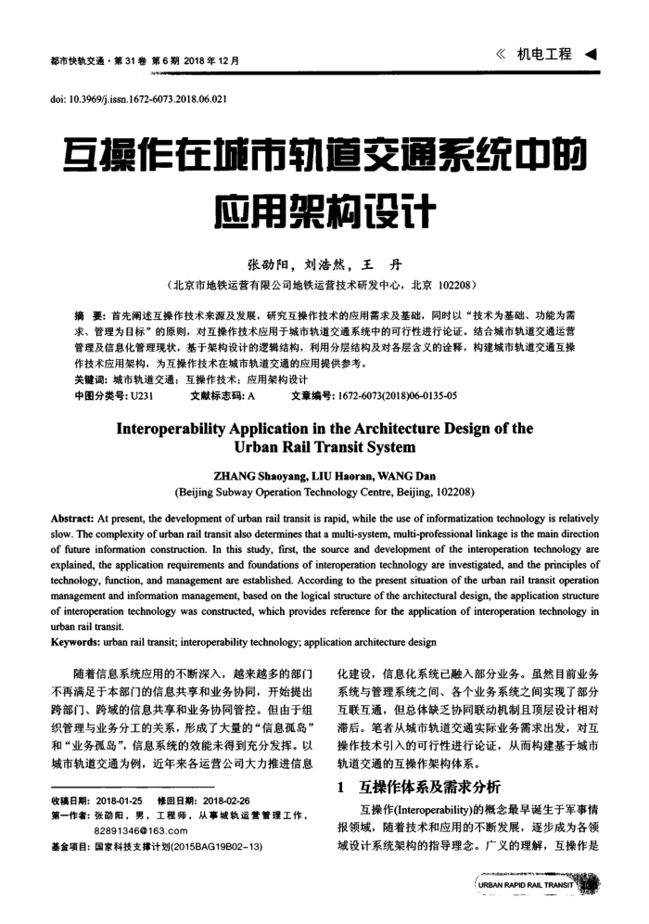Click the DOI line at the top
coord(138,97)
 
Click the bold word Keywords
coord(77,641)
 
